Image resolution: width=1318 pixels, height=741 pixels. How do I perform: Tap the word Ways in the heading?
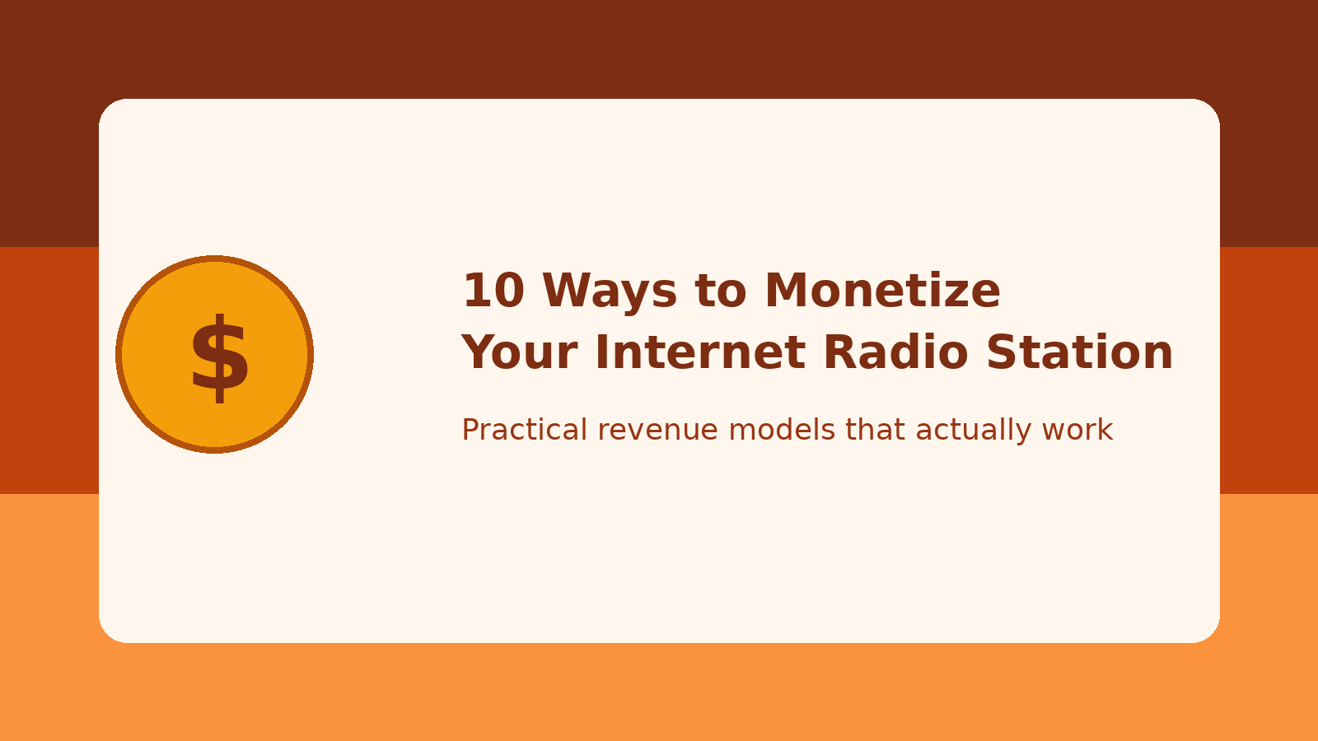coord(610,291)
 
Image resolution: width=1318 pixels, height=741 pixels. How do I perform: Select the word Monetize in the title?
coord(882,291)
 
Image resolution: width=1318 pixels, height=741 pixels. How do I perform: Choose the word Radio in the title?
coord(896,353)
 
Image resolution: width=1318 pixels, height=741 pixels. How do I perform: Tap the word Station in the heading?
coord(1079,353)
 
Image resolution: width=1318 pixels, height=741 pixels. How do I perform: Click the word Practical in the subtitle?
coord(524,430)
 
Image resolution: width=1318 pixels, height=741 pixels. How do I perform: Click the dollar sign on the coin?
coord(219,357)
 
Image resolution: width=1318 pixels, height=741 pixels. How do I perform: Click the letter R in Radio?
coord(839,353)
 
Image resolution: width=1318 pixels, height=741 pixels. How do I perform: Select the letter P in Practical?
coord(470,430)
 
